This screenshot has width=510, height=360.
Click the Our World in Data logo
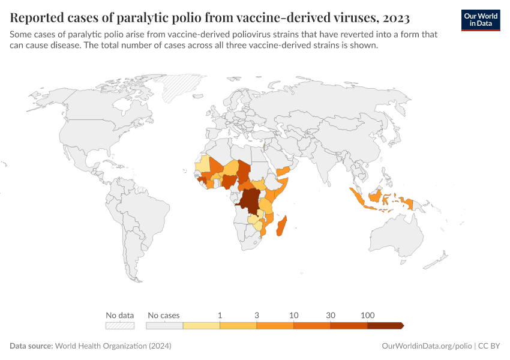[x=481, y=20]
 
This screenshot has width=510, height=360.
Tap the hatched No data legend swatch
[x=119, y=325]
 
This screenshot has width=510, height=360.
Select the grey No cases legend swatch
[x=164, y=325]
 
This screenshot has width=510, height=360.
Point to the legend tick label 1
[x=220, y=315]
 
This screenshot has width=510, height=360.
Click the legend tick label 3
[x=257, y=315]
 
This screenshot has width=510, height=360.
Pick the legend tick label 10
[x=293, y=315]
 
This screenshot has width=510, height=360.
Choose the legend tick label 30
[x=331, y=315]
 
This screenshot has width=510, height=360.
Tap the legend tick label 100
[x=368, y=315]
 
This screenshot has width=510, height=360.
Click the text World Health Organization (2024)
[x=113, y=346]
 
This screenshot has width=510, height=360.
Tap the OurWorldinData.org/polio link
[x=427, y=346]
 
